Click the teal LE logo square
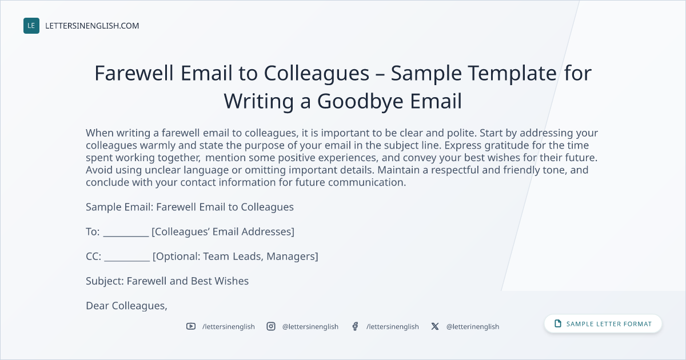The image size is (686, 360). point(31,26)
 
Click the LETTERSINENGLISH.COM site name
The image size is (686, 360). point(92,26)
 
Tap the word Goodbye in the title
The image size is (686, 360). point(360,101)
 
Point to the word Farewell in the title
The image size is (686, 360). point(134,73)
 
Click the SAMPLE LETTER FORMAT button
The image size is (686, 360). point(603,323)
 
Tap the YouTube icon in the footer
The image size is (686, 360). point(191,326)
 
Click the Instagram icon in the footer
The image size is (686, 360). point(271,326)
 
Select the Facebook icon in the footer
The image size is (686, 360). point(355,326)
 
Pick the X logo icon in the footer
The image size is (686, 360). point(435,326)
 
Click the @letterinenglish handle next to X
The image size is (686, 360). point(473,327)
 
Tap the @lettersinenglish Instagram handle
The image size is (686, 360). point(310,327)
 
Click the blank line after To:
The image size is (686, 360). point(126,236)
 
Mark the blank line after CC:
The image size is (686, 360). point(127,261)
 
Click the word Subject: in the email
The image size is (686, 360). point(105,281)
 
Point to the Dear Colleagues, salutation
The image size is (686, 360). point(126,306)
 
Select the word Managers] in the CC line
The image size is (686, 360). point(292,257)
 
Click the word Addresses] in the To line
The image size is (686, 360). point(268,232)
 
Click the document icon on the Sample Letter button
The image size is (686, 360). point(558,323)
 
